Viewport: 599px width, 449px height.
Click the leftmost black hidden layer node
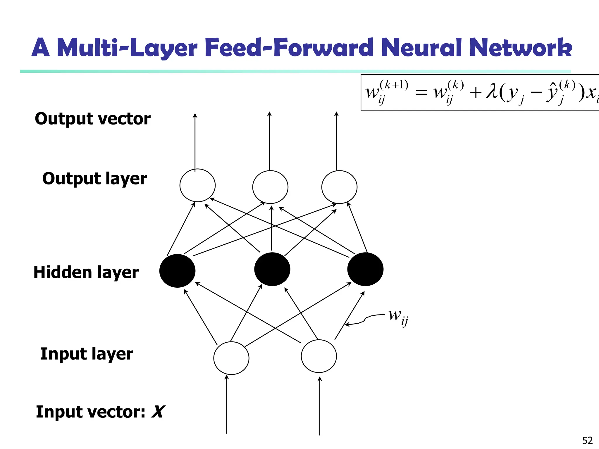pyautogui.click(x=177, y=271)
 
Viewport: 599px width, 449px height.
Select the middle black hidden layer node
pyautogui.click(x=272, y=269)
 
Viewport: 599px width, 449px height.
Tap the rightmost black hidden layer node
pyautogui.click(x=365, y=269)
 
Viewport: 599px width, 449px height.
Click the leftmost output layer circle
pyautogui.click(x=197, y=185)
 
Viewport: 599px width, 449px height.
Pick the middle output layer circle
pyautogui.click(x=270, y=187)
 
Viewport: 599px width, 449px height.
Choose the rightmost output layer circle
pyautogui.click(x=339, y=187)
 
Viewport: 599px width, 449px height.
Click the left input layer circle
pyautogui.click(x=231, y=358)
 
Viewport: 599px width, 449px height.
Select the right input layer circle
pyautogui.click(x=319, y=356)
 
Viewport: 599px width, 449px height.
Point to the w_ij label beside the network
pyautogui.click(x=398, y=317)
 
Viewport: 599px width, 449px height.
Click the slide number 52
pyautogui.click(x=587, y=440)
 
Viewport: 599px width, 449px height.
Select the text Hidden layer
pyautogui.click(x=86, y=272)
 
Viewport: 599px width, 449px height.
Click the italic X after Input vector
pyautogui.click(x=158, y=412)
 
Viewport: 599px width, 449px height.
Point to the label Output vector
pyautogui.click(x=92, y=119)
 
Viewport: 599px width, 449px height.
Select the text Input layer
pyautogui.click(x=87, y=354)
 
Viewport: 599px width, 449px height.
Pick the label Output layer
pyautogui.click(x=94, y=179)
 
